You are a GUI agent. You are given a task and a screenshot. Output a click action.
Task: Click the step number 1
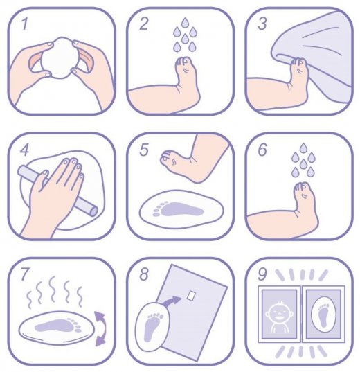point(24,24)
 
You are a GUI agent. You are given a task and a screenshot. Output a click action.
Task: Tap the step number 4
point(25,150)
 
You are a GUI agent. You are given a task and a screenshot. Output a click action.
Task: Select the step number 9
point(262,274)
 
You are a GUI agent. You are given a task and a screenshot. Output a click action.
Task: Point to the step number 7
point(25,274)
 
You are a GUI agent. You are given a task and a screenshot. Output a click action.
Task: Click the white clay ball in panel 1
point(60,57)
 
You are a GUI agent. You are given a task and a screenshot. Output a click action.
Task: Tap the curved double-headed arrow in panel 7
point(100,328)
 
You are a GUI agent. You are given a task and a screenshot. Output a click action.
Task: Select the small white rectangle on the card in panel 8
point(191,295)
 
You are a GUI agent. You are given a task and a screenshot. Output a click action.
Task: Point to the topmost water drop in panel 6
point(303,148)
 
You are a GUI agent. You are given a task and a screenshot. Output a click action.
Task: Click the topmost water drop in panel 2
point(185,23)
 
